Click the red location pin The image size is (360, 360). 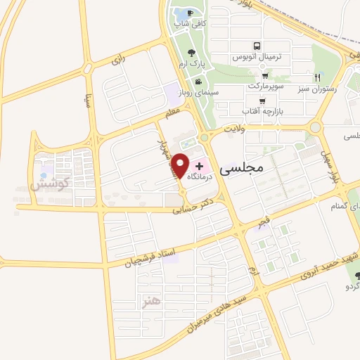[x=181, y=165]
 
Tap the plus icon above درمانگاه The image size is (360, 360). [x=199, y=166]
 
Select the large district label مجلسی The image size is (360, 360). [x=240, y=169]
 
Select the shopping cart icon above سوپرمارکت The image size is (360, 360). [x=264, y=77]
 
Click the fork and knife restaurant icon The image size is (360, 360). [x=317, y=77]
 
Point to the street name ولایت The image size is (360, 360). [x=232, y=129]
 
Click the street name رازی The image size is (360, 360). [x=117, y=61]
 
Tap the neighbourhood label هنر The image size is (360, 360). [x=150, y=300]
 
